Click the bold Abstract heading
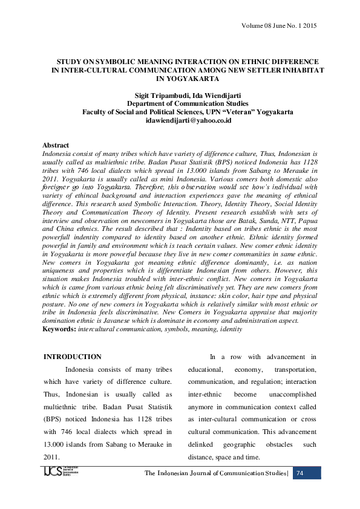coord(56,146)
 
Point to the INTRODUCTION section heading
coord(73,357)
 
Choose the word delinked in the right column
coord(203,444)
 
